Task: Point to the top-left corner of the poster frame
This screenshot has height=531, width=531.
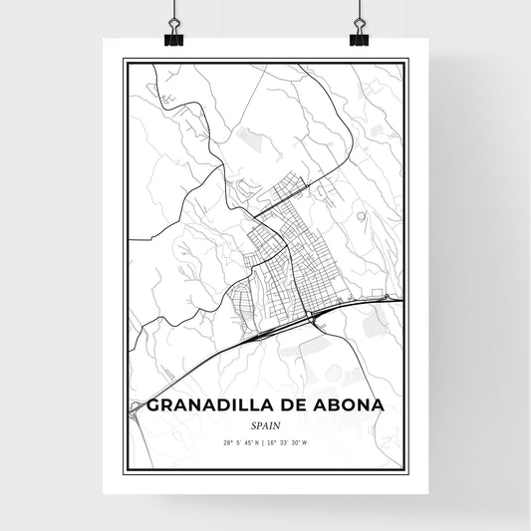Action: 124,60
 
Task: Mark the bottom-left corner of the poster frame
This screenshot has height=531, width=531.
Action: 124,470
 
